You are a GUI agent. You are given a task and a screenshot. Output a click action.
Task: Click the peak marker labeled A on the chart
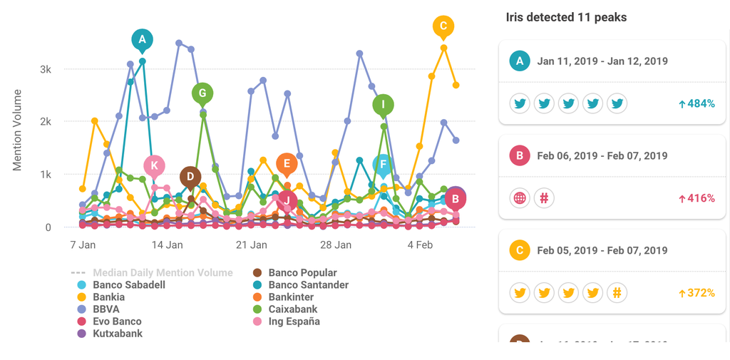coord(142,40)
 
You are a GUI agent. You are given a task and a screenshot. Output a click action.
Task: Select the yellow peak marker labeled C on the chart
coord(443,27)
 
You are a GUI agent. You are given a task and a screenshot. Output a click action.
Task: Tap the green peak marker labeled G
coord(202,93)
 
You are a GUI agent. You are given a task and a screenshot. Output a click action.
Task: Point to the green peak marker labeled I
coord(384,105)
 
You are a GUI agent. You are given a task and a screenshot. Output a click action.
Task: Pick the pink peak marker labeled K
coord(154,166)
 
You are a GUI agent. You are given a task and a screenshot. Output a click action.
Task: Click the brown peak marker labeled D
coord(190,177)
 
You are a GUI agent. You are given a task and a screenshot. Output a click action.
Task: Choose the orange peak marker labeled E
coord(287,164)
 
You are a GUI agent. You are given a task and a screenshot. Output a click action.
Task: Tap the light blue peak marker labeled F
coord(383,165)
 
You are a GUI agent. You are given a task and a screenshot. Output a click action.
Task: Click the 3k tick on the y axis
coord(45,69)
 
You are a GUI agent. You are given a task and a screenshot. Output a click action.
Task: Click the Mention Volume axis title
coord(18,130)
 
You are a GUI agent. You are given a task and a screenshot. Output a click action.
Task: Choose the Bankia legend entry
coord(108,297)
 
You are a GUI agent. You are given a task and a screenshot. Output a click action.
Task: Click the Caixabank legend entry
coord(293,309)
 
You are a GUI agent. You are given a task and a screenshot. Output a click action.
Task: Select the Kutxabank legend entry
coord(117,333)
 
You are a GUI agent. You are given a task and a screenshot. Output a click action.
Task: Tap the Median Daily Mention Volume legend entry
coord(162,272)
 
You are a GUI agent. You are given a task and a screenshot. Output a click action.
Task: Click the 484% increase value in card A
coord(696,104)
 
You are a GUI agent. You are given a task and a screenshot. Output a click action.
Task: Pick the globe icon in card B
coord(520,198)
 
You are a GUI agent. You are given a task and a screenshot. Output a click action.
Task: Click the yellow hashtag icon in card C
coord(617,292)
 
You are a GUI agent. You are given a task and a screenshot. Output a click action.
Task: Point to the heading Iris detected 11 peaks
coord(567,17)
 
